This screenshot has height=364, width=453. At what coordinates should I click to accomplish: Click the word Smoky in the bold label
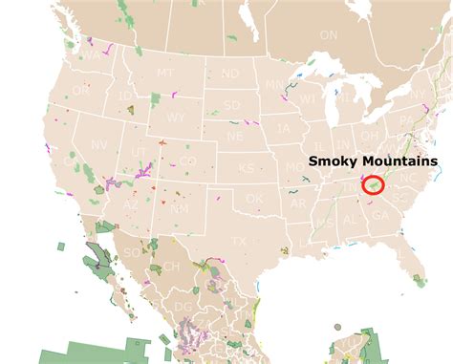[x=334, y=162]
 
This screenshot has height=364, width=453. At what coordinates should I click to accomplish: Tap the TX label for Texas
[x=238, y=242]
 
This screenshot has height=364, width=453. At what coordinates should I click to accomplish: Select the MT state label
[x=165, y=73]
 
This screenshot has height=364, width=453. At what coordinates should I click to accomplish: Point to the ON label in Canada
[x=329, y=34]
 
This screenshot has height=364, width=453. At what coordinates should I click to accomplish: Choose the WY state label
[x=176, y=118]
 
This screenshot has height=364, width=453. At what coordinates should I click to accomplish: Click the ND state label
[x=230, y=74]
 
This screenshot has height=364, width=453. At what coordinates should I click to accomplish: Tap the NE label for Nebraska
[x=235, y=136]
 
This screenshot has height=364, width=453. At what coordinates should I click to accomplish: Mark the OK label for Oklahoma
[x=253, y=198]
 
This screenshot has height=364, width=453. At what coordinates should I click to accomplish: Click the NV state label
[x=98, y=145]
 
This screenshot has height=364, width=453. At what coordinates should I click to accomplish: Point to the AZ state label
[x=131, y=204]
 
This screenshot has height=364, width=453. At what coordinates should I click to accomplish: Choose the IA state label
[x=284, y=128]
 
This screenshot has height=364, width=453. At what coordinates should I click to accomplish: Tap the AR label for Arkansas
[x=298, y=203]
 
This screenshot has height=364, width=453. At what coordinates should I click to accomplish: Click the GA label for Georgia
[x=378, y=216]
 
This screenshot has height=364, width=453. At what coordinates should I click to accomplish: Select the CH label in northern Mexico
[x=171, y=267]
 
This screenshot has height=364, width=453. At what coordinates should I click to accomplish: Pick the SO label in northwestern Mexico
[x=130, y=251]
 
